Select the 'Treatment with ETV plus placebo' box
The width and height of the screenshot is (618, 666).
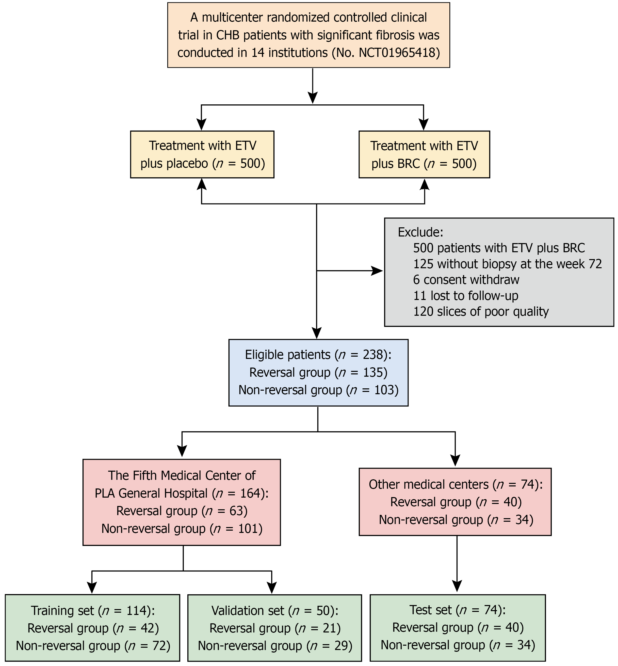coord(202,154)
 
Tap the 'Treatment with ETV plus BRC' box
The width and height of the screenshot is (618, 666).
coord(424,154)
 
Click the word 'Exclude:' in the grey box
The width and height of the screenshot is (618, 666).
coord(420,232)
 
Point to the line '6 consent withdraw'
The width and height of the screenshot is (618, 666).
coord(466,280)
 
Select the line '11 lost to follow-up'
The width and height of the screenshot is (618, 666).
coord(465,296)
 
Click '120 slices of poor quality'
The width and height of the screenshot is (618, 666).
coord(481,312)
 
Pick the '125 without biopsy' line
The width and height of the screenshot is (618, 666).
coord(507,264)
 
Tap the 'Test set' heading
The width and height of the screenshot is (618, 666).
coord(430,610)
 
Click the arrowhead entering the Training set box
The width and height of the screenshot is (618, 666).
coord(92,588)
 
